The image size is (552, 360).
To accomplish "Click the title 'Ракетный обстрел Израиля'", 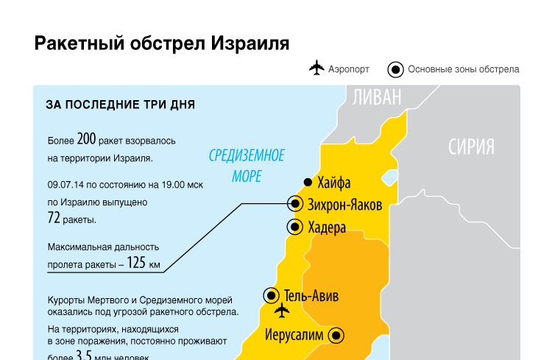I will tap(162, 43).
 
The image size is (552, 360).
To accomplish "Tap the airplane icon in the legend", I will tap(316, 68).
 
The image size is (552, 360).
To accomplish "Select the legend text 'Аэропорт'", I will tap(350, 69).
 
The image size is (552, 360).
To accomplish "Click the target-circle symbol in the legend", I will tap(395, 70).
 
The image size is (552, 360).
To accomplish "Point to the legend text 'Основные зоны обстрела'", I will tap(464, 69).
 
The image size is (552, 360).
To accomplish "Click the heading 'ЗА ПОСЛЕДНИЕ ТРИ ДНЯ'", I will tap(120, 105).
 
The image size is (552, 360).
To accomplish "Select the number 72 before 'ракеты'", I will tap(54, 218).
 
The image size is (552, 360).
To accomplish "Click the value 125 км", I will tap(143, 264).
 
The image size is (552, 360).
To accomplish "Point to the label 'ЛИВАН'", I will tap(377, 97).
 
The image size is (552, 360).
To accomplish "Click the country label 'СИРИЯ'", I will tap(471, 147).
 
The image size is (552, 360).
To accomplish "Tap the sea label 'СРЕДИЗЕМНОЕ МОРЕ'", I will tap(247, 166).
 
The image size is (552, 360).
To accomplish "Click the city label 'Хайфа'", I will tap(334, 183).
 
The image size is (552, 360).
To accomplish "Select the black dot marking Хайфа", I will tap(308, 183).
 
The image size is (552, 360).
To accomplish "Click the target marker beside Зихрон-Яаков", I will tap(295, 204).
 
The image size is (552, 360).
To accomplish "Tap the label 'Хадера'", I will tap(328, 227).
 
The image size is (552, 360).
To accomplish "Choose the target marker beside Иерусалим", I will tap(336, 336).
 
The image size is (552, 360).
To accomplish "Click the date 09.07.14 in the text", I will tap(66, 185).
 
